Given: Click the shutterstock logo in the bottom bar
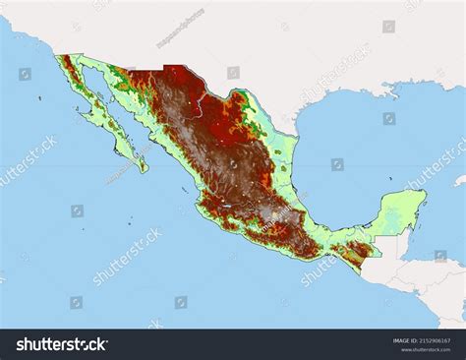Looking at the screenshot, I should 61,344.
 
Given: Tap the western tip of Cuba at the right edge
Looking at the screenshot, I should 458,181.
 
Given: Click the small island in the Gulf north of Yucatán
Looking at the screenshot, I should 390,179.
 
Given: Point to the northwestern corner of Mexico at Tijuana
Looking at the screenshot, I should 62,57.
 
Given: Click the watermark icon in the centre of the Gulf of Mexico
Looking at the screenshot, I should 337,164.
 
